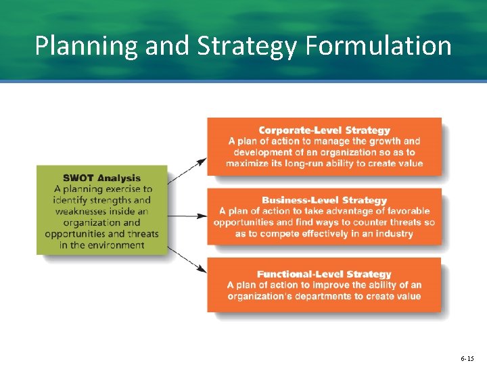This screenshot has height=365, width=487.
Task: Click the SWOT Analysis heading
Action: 102,178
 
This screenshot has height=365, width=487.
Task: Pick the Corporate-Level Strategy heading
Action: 325,130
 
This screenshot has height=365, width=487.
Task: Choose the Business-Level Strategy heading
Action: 325,200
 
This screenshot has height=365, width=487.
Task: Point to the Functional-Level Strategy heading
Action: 324,274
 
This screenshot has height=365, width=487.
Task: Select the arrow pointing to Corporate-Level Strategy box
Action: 187,171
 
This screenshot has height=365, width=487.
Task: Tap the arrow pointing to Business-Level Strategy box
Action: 187,216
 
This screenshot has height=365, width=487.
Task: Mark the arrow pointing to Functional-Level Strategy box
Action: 187,260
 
